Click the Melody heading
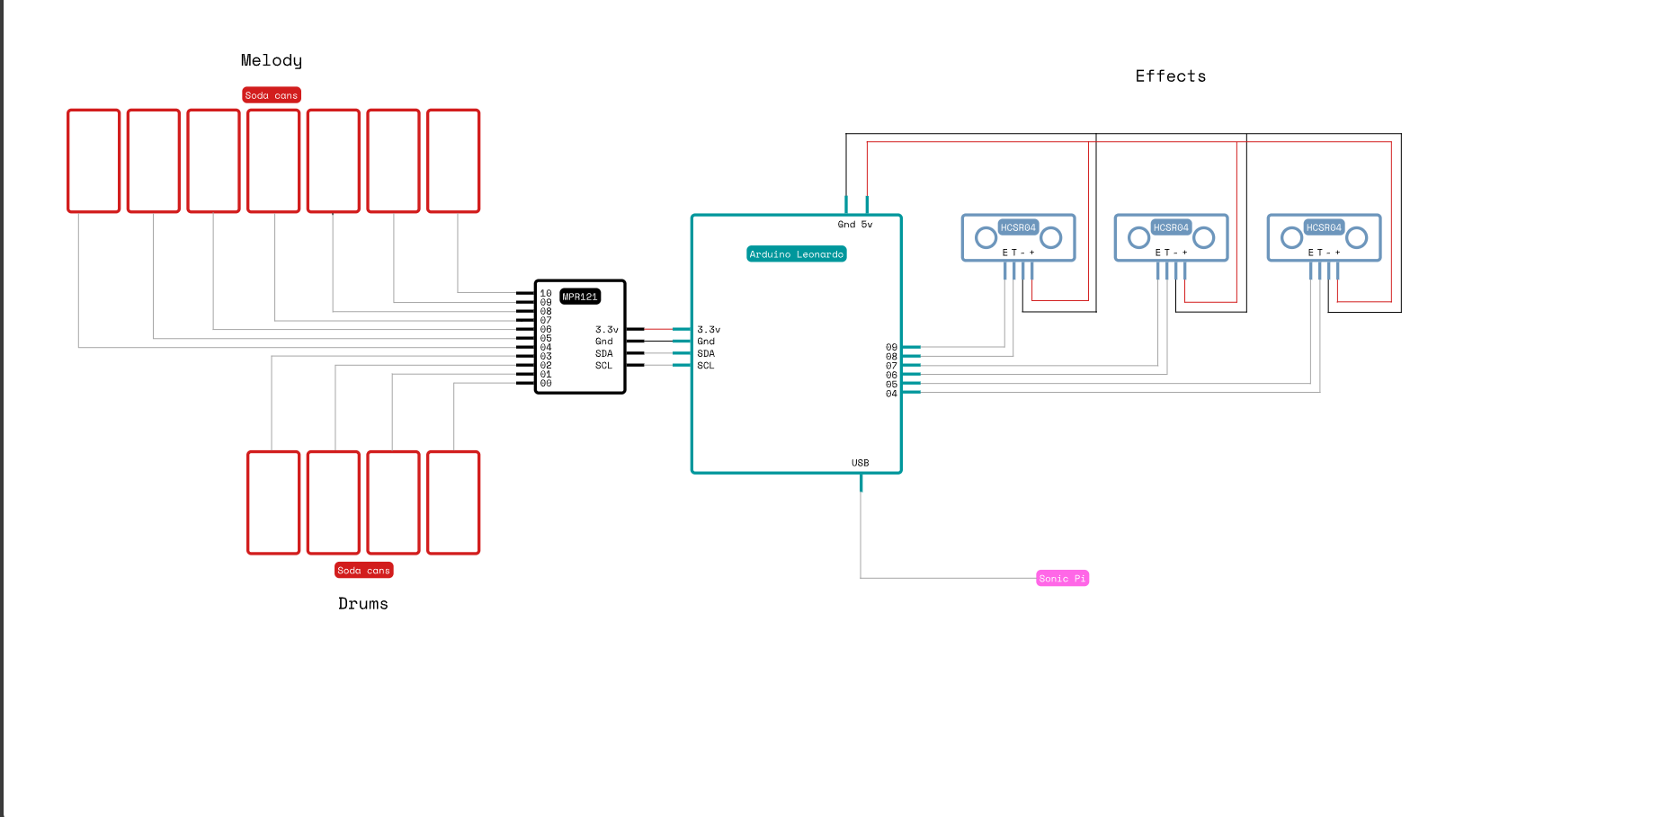(272, 60)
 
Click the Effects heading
(1171, 76)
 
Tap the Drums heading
(363, 604)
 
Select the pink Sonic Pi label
(1062, 578)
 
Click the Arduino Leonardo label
(797, 254)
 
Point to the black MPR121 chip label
(580, 297)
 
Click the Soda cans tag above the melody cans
(272, 95)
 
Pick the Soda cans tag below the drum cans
(364, 570)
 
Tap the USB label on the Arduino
(861, 463)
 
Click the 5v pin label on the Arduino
(867, 225)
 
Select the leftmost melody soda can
(94, 161)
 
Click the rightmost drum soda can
(453, 502)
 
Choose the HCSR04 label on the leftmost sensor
(1019, 227)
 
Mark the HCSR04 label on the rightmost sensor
(1325, 227)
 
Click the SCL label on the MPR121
(603, 366)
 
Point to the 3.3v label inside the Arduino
(709, 330)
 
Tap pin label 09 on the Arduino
(891, 347)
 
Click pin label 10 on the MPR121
(546, 293)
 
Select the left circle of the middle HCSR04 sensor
(1139, 237)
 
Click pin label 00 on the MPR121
(546, 384)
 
